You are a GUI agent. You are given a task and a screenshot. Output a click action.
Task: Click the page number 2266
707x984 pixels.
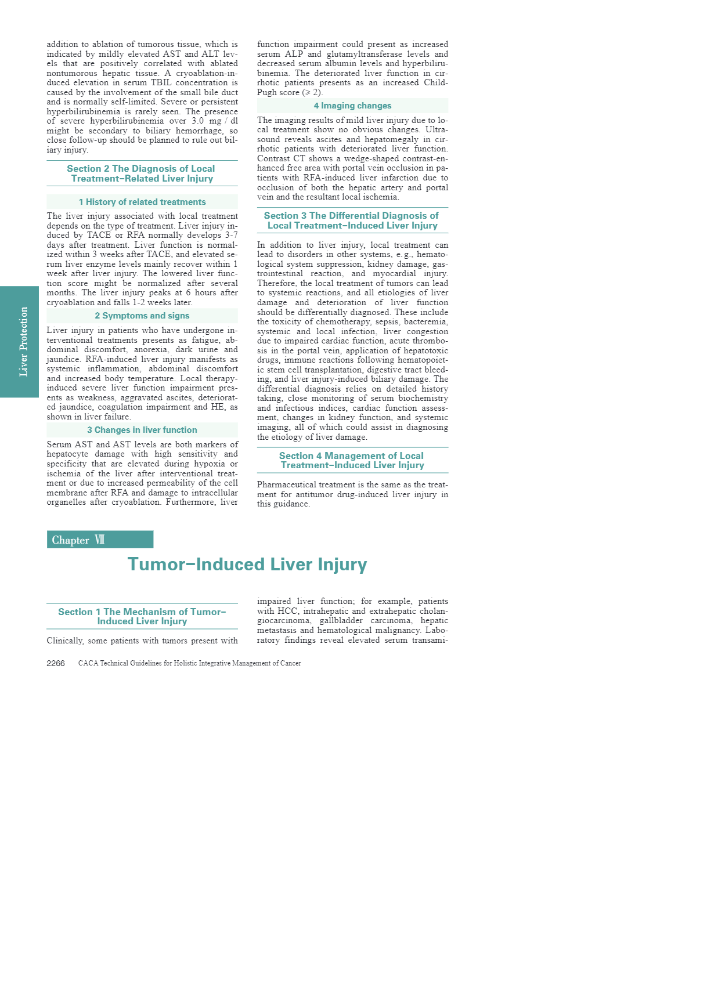56,663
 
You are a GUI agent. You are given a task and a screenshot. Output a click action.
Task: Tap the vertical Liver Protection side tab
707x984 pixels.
20,342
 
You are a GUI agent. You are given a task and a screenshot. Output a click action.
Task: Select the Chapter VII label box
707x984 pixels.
100,540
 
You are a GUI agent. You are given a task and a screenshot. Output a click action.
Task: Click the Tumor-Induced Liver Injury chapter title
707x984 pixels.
247,565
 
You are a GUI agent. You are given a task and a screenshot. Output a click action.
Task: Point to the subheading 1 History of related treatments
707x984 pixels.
142,202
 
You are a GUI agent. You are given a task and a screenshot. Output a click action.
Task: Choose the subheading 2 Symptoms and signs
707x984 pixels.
142,316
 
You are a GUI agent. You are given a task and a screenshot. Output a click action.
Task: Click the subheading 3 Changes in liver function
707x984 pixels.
142,430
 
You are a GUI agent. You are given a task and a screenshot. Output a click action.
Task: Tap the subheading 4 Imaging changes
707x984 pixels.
352,106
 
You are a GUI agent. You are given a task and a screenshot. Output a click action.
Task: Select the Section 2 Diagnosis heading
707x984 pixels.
142,173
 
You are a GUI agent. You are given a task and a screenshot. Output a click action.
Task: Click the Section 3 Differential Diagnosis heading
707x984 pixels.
352,220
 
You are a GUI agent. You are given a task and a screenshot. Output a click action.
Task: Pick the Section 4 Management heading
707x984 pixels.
352,461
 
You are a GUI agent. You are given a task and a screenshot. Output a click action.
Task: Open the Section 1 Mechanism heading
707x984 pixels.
142,616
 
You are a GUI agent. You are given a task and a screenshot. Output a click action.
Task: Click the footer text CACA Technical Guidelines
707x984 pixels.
189,663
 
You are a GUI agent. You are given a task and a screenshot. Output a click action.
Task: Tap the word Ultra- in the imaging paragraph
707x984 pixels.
437,130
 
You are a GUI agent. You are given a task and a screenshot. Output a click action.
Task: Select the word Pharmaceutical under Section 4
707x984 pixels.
283,485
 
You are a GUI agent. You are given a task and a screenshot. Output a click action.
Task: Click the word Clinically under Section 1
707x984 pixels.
65,641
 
